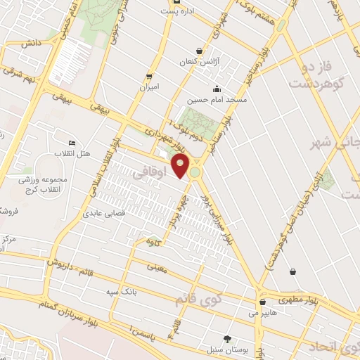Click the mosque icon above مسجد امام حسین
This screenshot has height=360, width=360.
tap(217, 89)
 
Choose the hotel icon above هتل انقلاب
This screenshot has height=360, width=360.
tap(70, 143)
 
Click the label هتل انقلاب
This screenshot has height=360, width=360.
tap(72, 153)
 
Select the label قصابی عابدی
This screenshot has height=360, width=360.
tap(106, 212)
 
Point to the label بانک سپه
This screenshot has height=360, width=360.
tap(121, 291)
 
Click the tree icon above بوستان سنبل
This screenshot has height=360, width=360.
tap(226, 338)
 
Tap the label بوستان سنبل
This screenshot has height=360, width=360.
tap(224, 349)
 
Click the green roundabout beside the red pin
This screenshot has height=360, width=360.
tap(195, 171)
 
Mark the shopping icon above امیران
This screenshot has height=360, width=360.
tap(149, 76)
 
